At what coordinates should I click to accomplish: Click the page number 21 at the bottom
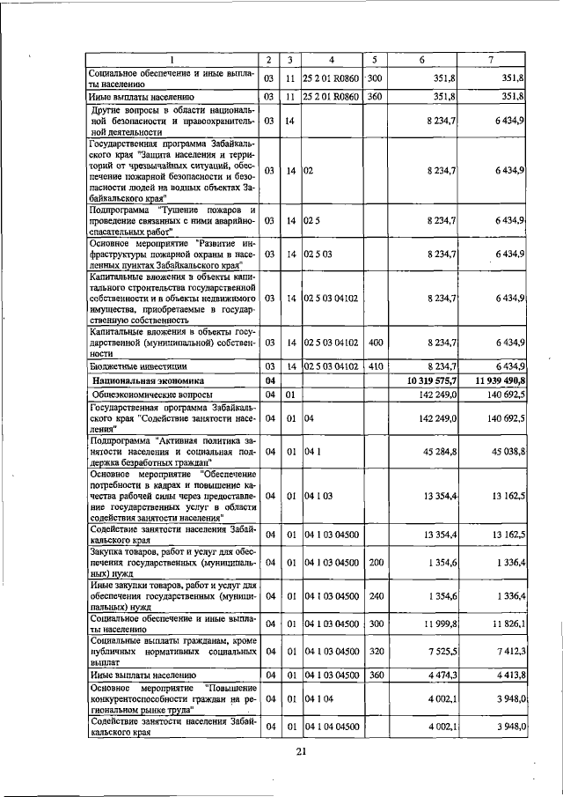click(300, 750)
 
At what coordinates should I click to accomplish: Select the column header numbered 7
click(489, 59)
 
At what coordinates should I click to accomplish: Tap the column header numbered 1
click(172, 59)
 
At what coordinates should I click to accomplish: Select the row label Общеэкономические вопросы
click(146, 395)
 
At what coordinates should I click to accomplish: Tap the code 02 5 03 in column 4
click(318, 254)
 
